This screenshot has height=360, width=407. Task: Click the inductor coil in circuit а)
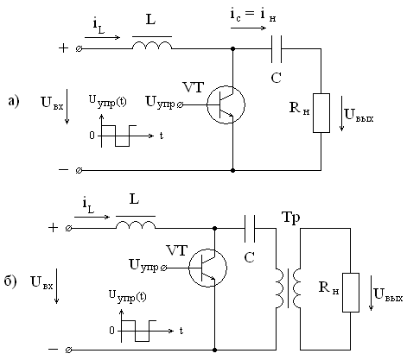click(152, 46)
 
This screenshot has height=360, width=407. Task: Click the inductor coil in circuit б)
click(136, 224)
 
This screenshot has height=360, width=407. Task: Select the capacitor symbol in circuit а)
click(277, 49)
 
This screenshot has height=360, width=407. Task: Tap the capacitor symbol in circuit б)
click(250, 228)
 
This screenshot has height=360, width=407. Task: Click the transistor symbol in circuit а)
click(226, 104)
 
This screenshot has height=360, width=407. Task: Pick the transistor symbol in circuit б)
click(207, 268)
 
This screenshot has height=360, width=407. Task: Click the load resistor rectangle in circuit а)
click(321, 113)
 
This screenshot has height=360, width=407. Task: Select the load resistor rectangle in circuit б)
click(351, 293)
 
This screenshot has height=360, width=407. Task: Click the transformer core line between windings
click(288, 288)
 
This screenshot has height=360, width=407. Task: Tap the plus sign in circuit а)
click(63, 48)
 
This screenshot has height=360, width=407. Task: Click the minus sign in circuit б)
click(54, 350)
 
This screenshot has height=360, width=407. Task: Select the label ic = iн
click(253, 15)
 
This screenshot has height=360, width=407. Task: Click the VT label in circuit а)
click(194, 87)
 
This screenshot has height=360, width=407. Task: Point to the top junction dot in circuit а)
click(233, 49)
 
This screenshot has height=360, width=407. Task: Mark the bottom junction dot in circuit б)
click(214, 350)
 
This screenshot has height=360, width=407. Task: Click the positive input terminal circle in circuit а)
click(79, 49)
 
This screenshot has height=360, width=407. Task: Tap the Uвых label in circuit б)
click(388, 294)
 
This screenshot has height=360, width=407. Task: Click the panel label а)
click(14, 101)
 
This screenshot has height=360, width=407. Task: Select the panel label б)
click(10, 281)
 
